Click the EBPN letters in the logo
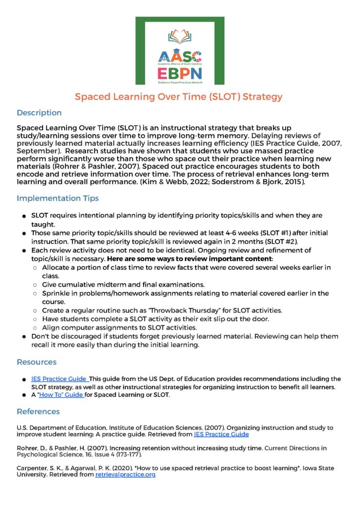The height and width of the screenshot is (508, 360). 180,73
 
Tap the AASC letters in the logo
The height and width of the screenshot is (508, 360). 180,57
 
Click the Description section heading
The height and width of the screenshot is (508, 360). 39,113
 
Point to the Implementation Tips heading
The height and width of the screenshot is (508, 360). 58,198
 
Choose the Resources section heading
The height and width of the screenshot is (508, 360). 37,362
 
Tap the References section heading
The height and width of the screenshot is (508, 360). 38,411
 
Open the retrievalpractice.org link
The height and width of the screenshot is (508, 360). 125,475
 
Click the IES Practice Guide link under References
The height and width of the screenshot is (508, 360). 221,434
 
